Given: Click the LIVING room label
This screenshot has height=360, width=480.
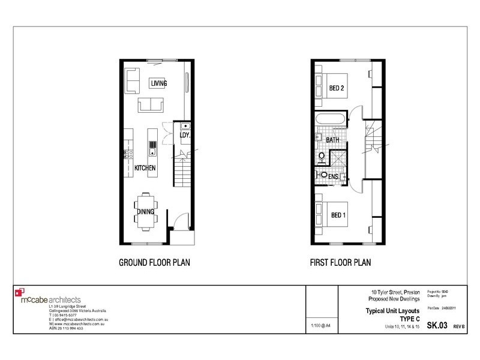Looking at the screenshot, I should (158, 83).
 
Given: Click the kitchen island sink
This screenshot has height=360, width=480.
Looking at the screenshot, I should (154, 145).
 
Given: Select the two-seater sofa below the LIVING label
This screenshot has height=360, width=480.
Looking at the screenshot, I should (152, 105).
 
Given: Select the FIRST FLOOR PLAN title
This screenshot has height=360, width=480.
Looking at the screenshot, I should (340, 262).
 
